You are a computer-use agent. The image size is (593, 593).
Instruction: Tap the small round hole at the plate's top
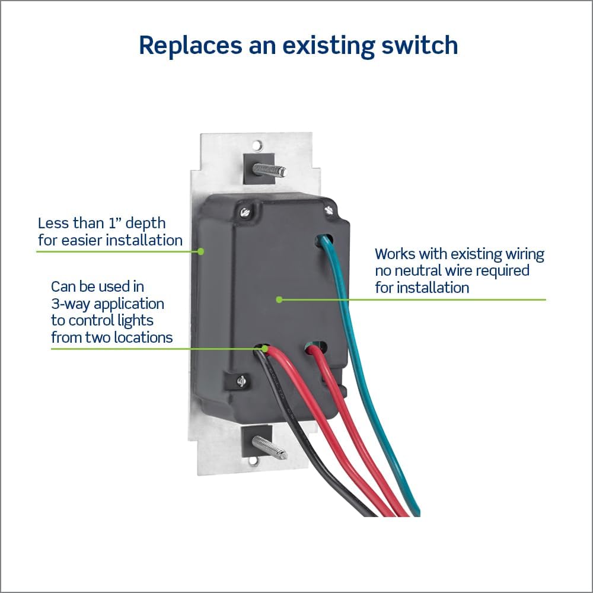257,144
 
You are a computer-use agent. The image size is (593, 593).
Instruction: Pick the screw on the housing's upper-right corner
328,210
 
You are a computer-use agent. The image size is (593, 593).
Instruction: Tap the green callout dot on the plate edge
201,251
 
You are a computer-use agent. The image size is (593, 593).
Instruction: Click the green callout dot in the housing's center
279,299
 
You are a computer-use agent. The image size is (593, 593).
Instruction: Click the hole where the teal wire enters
324,239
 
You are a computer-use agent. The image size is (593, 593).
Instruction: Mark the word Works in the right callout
395,254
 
